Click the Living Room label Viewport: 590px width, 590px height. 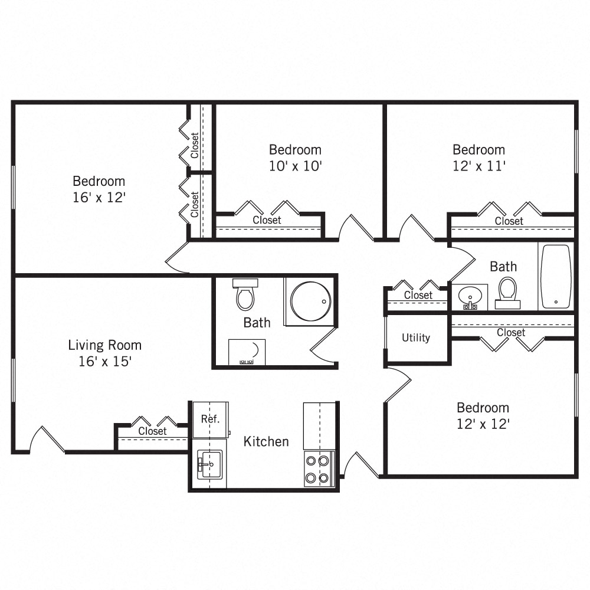(x=104, y=345)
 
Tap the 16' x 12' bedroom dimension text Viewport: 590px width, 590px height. (x=99, y=197)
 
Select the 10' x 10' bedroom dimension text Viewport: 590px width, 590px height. (x=295, y=166)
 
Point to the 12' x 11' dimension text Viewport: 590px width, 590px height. (x=478, y=166)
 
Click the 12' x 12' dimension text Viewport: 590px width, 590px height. (x=483, y=424)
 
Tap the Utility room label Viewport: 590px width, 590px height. (x=416, y=338)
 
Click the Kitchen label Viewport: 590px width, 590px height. (x=266, y=441)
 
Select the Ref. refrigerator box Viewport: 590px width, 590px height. (x=210, y=419)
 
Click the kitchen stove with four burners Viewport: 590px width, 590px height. (x=319, y=469)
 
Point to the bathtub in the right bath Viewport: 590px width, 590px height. (x=556, y=276)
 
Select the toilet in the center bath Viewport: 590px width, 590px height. (x=244, y=294)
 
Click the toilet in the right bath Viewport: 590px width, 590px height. (x=507, y=293)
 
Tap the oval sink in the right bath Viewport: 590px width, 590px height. (x=470, y=295)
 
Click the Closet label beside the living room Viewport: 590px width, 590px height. (x=152, y=431)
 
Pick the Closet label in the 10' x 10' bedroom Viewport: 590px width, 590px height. (x=267, y=220)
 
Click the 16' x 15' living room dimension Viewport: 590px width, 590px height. (x=104, y=362)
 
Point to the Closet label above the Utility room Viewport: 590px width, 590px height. (x=418, y=295)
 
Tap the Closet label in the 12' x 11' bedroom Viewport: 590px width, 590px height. (x=509, y=221)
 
